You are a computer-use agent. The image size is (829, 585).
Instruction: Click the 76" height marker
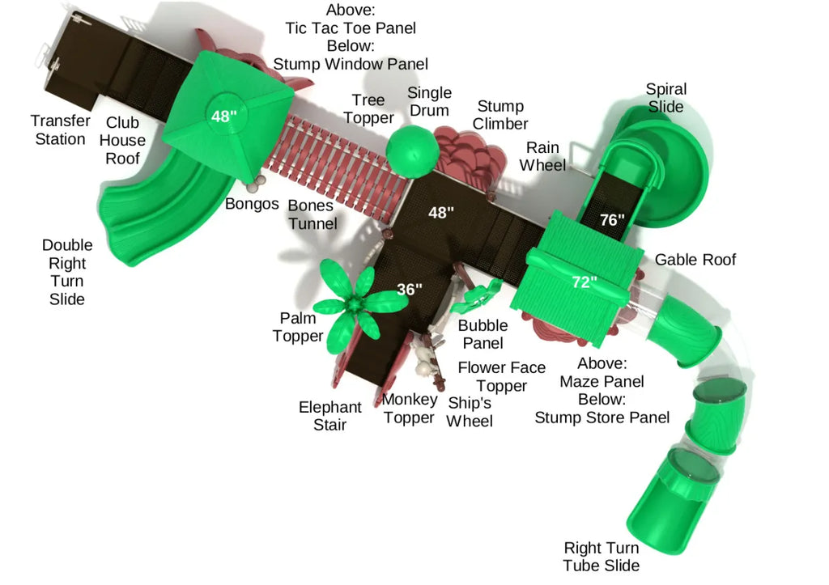coord(612,219)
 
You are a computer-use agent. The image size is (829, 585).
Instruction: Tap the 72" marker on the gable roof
coord(584,282)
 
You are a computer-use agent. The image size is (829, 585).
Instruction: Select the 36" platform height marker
coord(410,289)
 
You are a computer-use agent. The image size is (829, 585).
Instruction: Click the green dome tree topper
coord(412,151)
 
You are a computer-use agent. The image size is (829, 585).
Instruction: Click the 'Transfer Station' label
coord(60,130)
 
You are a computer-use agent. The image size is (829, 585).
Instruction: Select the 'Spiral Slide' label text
coord(665,98)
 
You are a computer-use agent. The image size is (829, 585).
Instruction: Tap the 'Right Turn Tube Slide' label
coord(602,557)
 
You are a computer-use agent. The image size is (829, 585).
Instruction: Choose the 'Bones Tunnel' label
coord(312,214)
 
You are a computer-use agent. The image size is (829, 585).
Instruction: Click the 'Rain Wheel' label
coord(542,156)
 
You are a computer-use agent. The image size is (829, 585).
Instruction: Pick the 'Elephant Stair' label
coord(329,416)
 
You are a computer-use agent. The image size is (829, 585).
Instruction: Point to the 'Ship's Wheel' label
coord(470,413)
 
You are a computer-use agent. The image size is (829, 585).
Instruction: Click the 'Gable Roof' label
coord(695,260)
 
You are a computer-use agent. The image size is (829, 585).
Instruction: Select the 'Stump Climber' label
coord(500,115)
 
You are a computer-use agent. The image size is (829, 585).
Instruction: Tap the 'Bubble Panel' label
coord(483,334)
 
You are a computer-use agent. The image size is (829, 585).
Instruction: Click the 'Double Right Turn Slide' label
coord(67,272)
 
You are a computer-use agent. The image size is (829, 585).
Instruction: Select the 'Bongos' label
coord(252,204)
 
